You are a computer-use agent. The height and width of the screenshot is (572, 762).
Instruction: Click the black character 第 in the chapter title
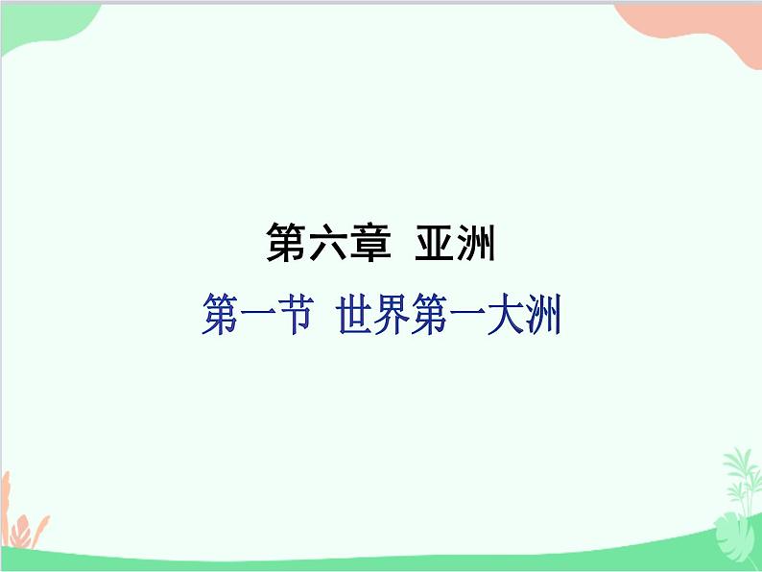point(285,244)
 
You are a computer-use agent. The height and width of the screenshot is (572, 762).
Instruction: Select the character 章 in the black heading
point(370,244)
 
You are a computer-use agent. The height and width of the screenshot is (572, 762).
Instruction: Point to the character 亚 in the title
point(434,244)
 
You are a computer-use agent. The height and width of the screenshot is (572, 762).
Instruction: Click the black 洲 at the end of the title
point(476,244)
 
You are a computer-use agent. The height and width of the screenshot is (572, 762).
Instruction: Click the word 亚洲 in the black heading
point(455,244)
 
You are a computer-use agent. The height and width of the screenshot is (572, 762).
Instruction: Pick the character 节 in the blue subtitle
point(292,316)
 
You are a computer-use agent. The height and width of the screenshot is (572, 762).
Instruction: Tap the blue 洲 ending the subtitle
point(541,316)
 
